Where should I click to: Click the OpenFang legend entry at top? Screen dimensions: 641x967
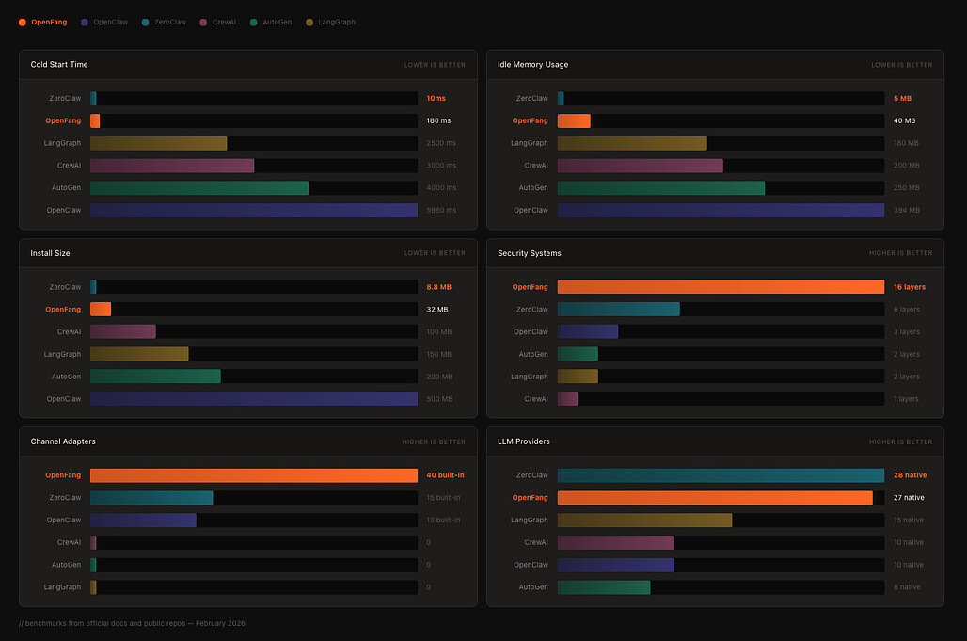pos(43,22)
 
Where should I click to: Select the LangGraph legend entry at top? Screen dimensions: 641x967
pos(331,22)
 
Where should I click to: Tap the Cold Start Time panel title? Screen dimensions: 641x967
pos(59,65)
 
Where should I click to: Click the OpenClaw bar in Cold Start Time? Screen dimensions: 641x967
pos(254,211)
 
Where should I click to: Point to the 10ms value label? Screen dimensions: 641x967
pos(436,98)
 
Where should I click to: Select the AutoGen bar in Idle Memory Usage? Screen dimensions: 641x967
pos(660,188)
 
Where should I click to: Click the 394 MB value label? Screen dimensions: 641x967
pos(905,211)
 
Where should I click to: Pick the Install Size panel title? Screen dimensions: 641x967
pos(50,253)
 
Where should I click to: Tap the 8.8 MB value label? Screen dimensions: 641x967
pos(438,286)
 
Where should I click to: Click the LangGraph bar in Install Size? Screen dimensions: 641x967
pos(139,354)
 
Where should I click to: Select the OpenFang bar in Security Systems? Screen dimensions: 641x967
pos(721,286)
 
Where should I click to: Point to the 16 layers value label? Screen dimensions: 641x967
pos(910,286)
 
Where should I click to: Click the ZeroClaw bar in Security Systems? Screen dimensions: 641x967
pos(618,309)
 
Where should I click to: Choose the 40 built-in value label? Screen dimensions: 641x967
pos(445,475)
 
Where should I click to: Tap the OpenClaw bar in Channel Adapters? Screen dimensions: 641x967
pos(143,520)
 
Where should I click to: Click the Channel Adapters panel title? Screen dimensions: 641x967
pos(63,441)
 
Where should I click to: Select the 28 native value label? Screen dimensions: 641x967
pos(910,475)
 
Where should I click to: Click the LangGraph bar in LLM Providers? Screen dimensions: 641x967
pos(644,520)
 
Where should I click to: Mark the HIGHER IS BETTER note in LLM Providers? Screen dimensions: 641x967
pos(900,441)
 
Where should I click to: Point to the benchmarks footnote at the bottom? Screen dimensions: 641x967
pos(132,623)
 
